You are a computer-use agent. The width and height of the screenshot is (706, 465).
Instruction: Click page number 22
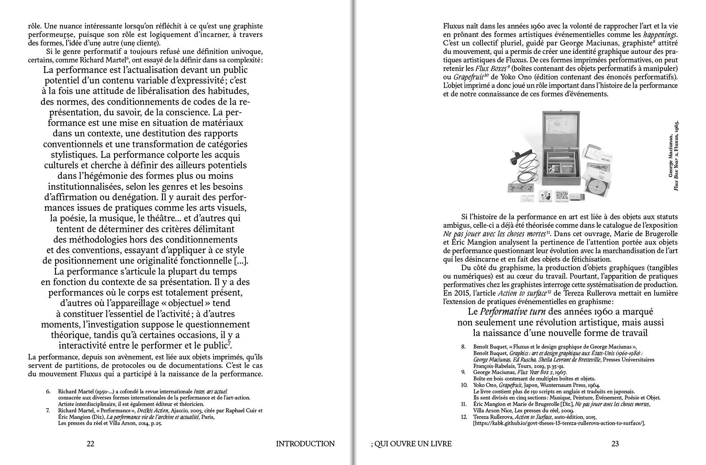(90, 444)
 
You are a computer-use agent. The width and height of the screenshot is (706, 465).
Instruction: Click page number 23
(615, 444)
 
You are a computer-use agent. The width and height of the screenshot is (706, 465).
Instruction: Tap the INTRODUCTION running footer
(305, 444)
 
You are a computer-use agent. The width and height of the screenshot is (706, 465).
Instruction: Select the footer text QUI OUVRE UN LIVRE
(413, 444)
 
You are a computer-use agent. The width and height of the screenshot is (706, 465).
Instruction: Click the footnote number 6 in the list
(48, 392)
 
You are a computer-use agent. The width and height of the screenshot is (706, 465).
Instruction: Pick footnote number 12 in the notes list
(464, 416)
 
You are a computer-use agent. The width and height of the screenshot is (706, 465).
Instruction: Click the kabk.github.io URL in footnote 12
(559, 423)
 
